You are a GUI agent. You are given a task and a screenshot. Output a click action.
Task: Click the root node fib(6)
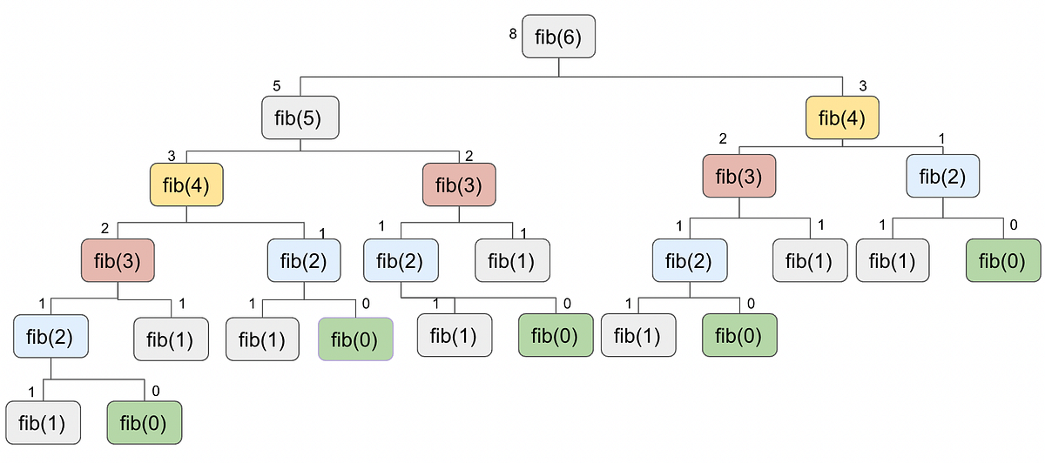pos(558,36)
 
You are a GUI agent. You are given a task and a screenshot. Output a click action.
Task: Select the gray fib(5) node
pos(300,117)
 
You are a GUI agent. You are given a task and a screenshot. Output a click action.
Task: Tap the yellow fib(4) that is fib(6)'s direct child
pos(842,117)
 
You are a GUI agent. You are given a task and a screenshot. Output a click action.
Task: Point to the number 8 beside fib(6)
pos(513,35)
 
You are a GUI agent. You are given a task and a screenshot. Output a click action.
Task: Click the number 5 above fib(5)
pos(276,85)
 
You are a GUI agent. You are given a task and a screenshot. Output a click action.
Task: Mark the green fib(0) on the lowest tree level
pos(145,423)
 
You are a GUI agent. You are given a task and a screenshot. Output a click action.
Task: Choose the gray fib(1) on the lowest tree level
pos(43,423)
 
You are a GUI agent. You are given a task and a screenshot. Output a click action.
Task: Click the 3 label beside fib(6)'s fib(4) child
pos(862,85)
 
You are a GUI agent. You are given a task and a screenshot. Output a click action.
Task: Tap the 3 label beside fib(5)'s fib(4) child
pos(172,157)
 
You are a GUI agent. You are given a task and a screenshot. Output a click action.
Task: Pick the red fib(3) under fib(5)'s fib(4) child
pos(118,259)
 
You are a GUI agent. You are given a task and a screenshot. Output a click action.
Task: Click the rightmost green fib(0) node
pos(1003,259)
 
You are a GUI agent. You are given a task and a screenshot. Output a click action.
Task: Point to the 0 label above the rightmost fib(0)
pos(1013,225)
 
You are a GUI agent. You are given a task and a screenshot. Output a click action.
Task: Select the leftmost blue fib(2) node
pos(51,336)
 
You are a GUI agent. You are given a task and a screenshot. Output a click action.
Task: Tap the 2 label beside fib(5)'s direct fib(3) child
pos(469,157)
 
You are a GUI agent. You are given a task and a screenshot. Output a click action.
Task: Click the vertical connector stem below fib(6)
pos(558,67)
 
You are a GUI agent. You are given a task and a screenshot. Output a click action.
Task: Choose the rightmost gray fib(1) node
pos(893,259)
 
